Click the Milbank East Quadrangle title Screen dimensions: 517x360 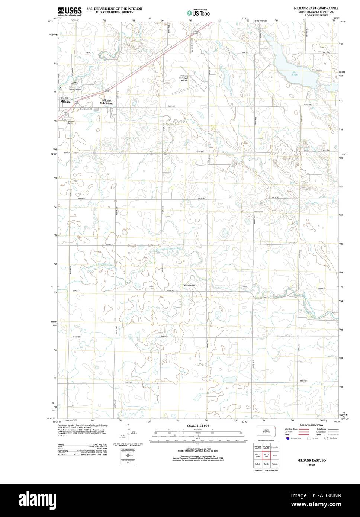(316, 8)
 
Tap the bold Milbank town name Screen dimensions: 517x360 (65, 101)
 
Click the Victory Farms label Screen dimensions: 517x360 (189, 285)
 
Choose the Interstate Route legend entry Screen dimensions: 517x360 (292, 429)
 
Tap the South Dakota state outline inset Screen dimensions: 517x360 (267, 431)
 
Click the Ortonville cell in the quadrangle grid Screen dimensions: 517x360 (275, 447)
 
